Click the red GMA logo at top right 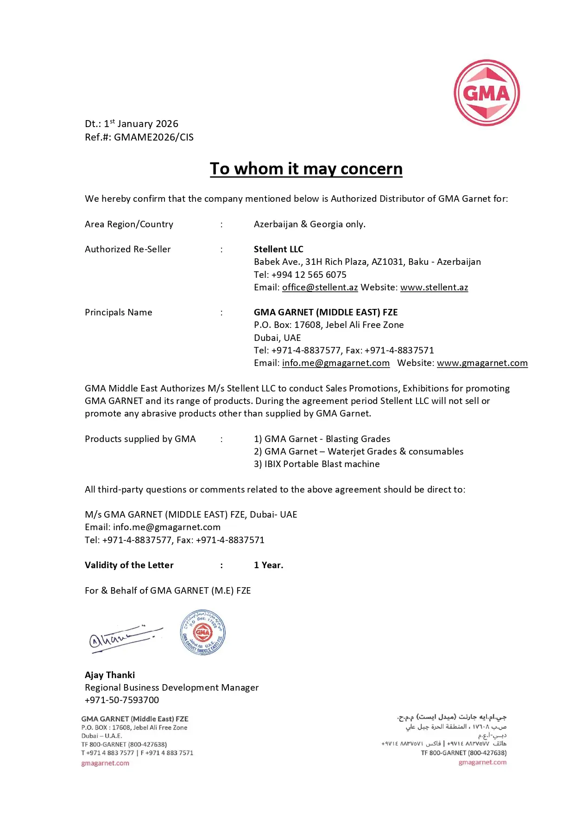point(487,93)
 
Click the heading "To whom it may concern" point(306,169)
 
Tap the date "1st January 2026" point(141,124)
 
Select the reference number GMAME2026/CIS point(154,137)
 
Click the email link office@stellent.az point(320,288)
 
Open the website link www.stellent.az point(434,288)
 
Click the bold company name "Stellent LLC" point(278,250)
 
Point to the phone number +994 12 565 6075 point(309,275)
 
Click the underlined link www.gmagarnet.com point(482,363)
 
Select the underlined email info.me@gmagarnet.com point(335,363)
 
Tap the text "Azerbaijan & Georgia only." point(310,224)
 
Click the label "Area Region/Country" point(129,224)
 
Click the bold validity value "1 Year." point(268,565)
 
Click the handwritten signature point(124,638)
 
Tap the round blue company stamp point(202,632)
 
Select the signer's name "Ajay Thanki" point(110,675)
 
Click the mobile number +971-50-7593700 point(122,700)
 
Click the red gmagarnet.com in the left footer point(105,763)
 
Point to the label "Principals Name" point(118,313)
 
